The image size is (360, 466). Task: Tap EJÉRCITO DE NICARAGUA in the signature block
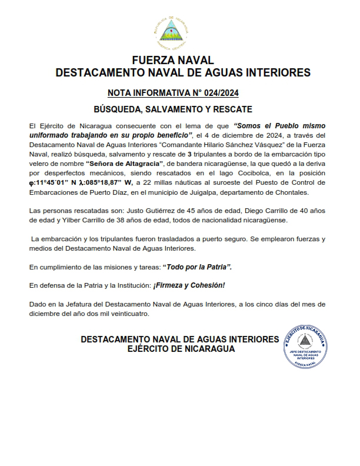click(x=181, y=349)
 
